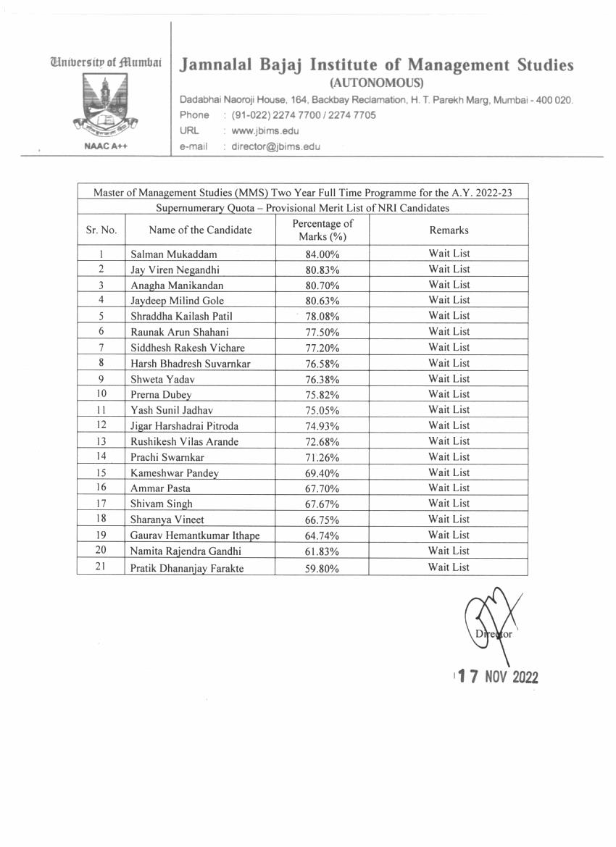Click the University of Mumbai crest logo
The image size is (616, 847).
[x=101, y=103]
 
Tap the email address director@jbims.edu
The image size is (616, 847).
[x=275, y=146]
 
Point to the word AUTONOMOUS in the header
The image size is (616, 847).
[x=376, y=83]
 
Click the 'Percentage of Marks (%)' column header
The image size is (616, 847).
[x=322, y=230]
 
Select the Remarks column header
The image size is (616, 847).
[x=449, y=230]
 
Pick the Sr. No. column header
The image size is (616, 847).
[x=101, y=230]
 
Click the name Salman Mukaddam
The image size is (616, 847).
[x=173, y=254]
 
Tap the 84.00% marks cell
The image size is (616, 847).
[x=322, y=254]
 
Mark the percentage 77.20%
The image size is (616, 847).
[x=322, y=348]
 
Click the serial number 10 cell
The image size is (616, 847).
[x=101, y=394]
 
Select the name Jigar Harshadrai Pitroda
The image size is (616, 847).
[x=184, y=426]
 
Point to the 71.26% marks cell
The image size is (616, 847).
[x=322, y=458]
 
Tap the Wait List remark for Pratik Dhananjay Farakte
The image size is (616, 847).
[x=449, y=567]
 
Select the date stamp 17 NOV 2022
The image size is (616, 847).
[x=497, y=677]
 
